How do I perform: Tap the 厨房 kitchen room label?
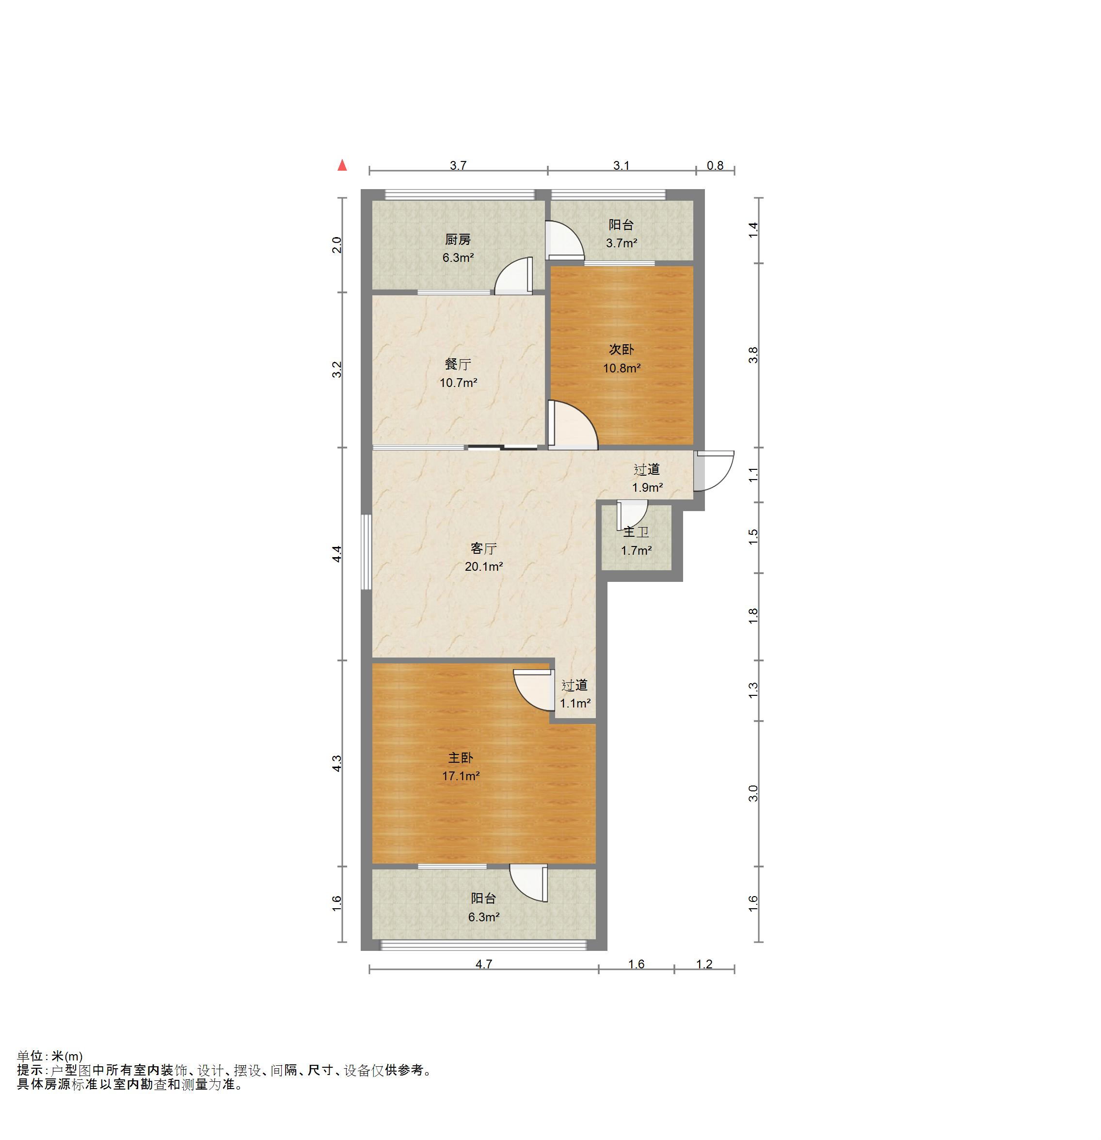pyautogui.click(x=458, y=240)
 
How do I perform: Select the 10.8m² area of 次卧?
pyautogui.click(x=622, y=368)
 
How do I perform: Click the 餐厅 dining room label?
pyautogui.click(x=458, y=365)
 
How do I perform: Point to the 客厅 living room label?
pyautogui.click(x=483, y=548)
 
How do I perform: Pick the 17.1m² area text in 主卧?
pyautogui.click(x=461, y=776)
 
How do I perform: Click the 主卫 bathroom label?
pyautogui.click(x=636, y=532)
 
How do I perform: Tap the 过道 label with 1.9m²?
pyautogui.click(x=647, y=469)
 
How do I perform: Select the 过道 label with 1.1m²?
pyautogui.click(x=574, y=686)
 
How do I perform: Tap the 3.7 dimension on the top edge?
pyautogui.click(x=458, y=166)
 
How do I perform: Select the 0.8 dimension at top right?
pyautogui.click(x=715, y=166)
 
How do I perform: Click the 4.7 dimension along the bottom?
pyautogui.click(x=484, y=964)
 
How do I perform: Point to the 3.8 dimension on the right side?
pyautogui.click(x=754, y=355)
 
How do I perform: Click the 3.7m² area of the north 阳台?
pyautogui.click(x=621, y=243)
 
